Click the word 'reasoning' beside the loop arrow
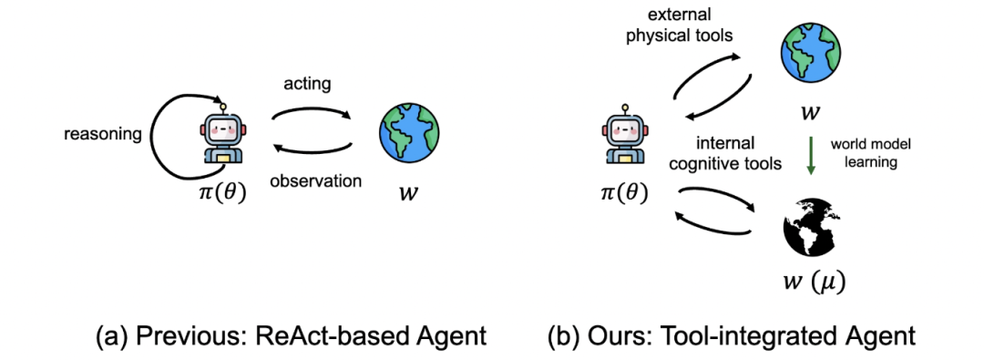pyautogui.click(x=103, y=135)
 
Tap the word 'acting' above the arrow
pyautogui.click(x=308, y=85)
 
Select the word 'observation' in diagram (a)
pyautogui.click(x=315, y=181)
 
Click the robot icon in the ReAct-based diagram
pyautogui.click(x=223, y=136)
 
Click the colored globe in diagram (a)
pyautogui.click(x=409, y=134)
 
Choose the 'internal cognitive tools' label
pyautogui.click(x=725, y=153)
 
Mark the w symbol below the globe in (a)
pyautogui.click(x=408, y=192)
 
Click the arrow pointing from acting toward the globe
pyautogui.click(x=312, y=110)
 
